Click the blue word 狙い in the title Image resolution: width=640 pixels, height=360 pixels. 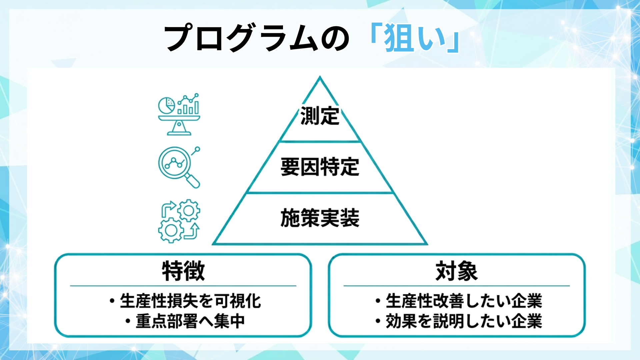coord(415,38)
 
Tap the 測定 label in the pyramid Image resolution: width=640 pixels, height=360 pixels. coord(320,116)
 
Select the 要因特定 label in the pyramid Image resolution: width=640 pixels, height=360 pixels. coord(320,167)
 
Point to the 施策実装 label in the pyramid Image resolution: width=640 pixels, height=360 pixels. coord(320,218)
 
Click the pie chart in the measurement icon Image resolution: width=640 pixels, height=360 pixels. coord(166,105)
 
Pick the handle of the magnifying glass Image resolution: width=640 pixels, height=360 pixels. coord(193,181)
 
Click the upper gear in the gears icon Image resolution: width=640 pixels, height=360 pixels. coord(189,210)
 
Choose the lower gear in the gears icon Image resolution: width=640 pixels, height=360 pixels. coord(171,230)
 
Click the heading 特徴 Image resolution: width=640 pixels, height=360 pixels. coord(183,271)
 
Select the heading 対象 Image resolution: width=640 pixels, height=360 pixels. coord(457,271)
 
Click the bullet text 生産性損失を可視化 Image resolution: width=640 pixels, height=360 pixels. coord(190,301)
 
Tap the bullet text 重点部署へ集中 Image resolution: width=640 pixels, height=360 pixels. coord(190,321)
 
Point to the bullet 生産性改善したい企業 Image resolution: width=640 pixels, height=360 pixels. coord(463,301)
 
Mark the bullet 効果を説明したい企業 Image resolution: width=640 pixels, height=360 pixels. coord(463,321)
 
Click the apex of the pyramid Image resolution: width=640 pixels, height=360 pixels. coord(320,78)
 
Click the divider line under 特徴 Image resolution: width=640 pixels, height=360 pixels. coord(183,286)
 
